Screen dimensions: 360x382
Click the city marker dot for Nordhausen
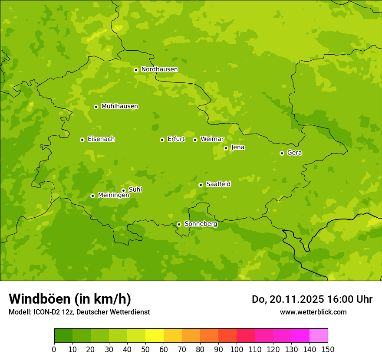136,70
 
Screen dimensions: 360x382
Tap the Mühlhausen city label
119,106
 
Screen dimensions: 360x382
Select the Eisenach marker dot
82,140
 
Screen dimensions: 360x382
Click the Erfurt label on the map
176,139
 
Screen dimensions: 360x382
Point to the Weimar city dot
195,140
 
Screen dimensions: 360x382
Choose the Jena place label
237,147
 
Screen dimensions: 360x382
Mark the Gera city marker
282,153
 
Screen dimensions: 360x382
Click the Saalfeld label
218,184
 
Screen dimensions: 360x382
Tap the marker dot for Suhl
123,190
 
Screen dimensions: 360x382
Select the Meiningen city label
113,195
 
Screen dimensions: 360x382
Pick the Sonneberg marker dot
179,225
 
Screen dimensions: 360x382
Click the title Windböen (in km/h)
70,299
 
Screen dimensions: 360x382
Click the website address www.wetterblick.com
313,312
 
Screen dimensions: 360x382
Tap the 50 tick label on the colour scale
145,349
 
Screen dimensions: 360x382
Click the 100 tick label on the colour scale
237,349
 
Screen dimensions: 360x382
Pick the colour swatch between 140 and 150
319,336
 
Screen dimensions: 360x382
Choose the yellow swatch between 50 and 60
155,336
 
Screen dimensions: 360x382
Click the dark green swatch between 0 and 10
63,336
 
